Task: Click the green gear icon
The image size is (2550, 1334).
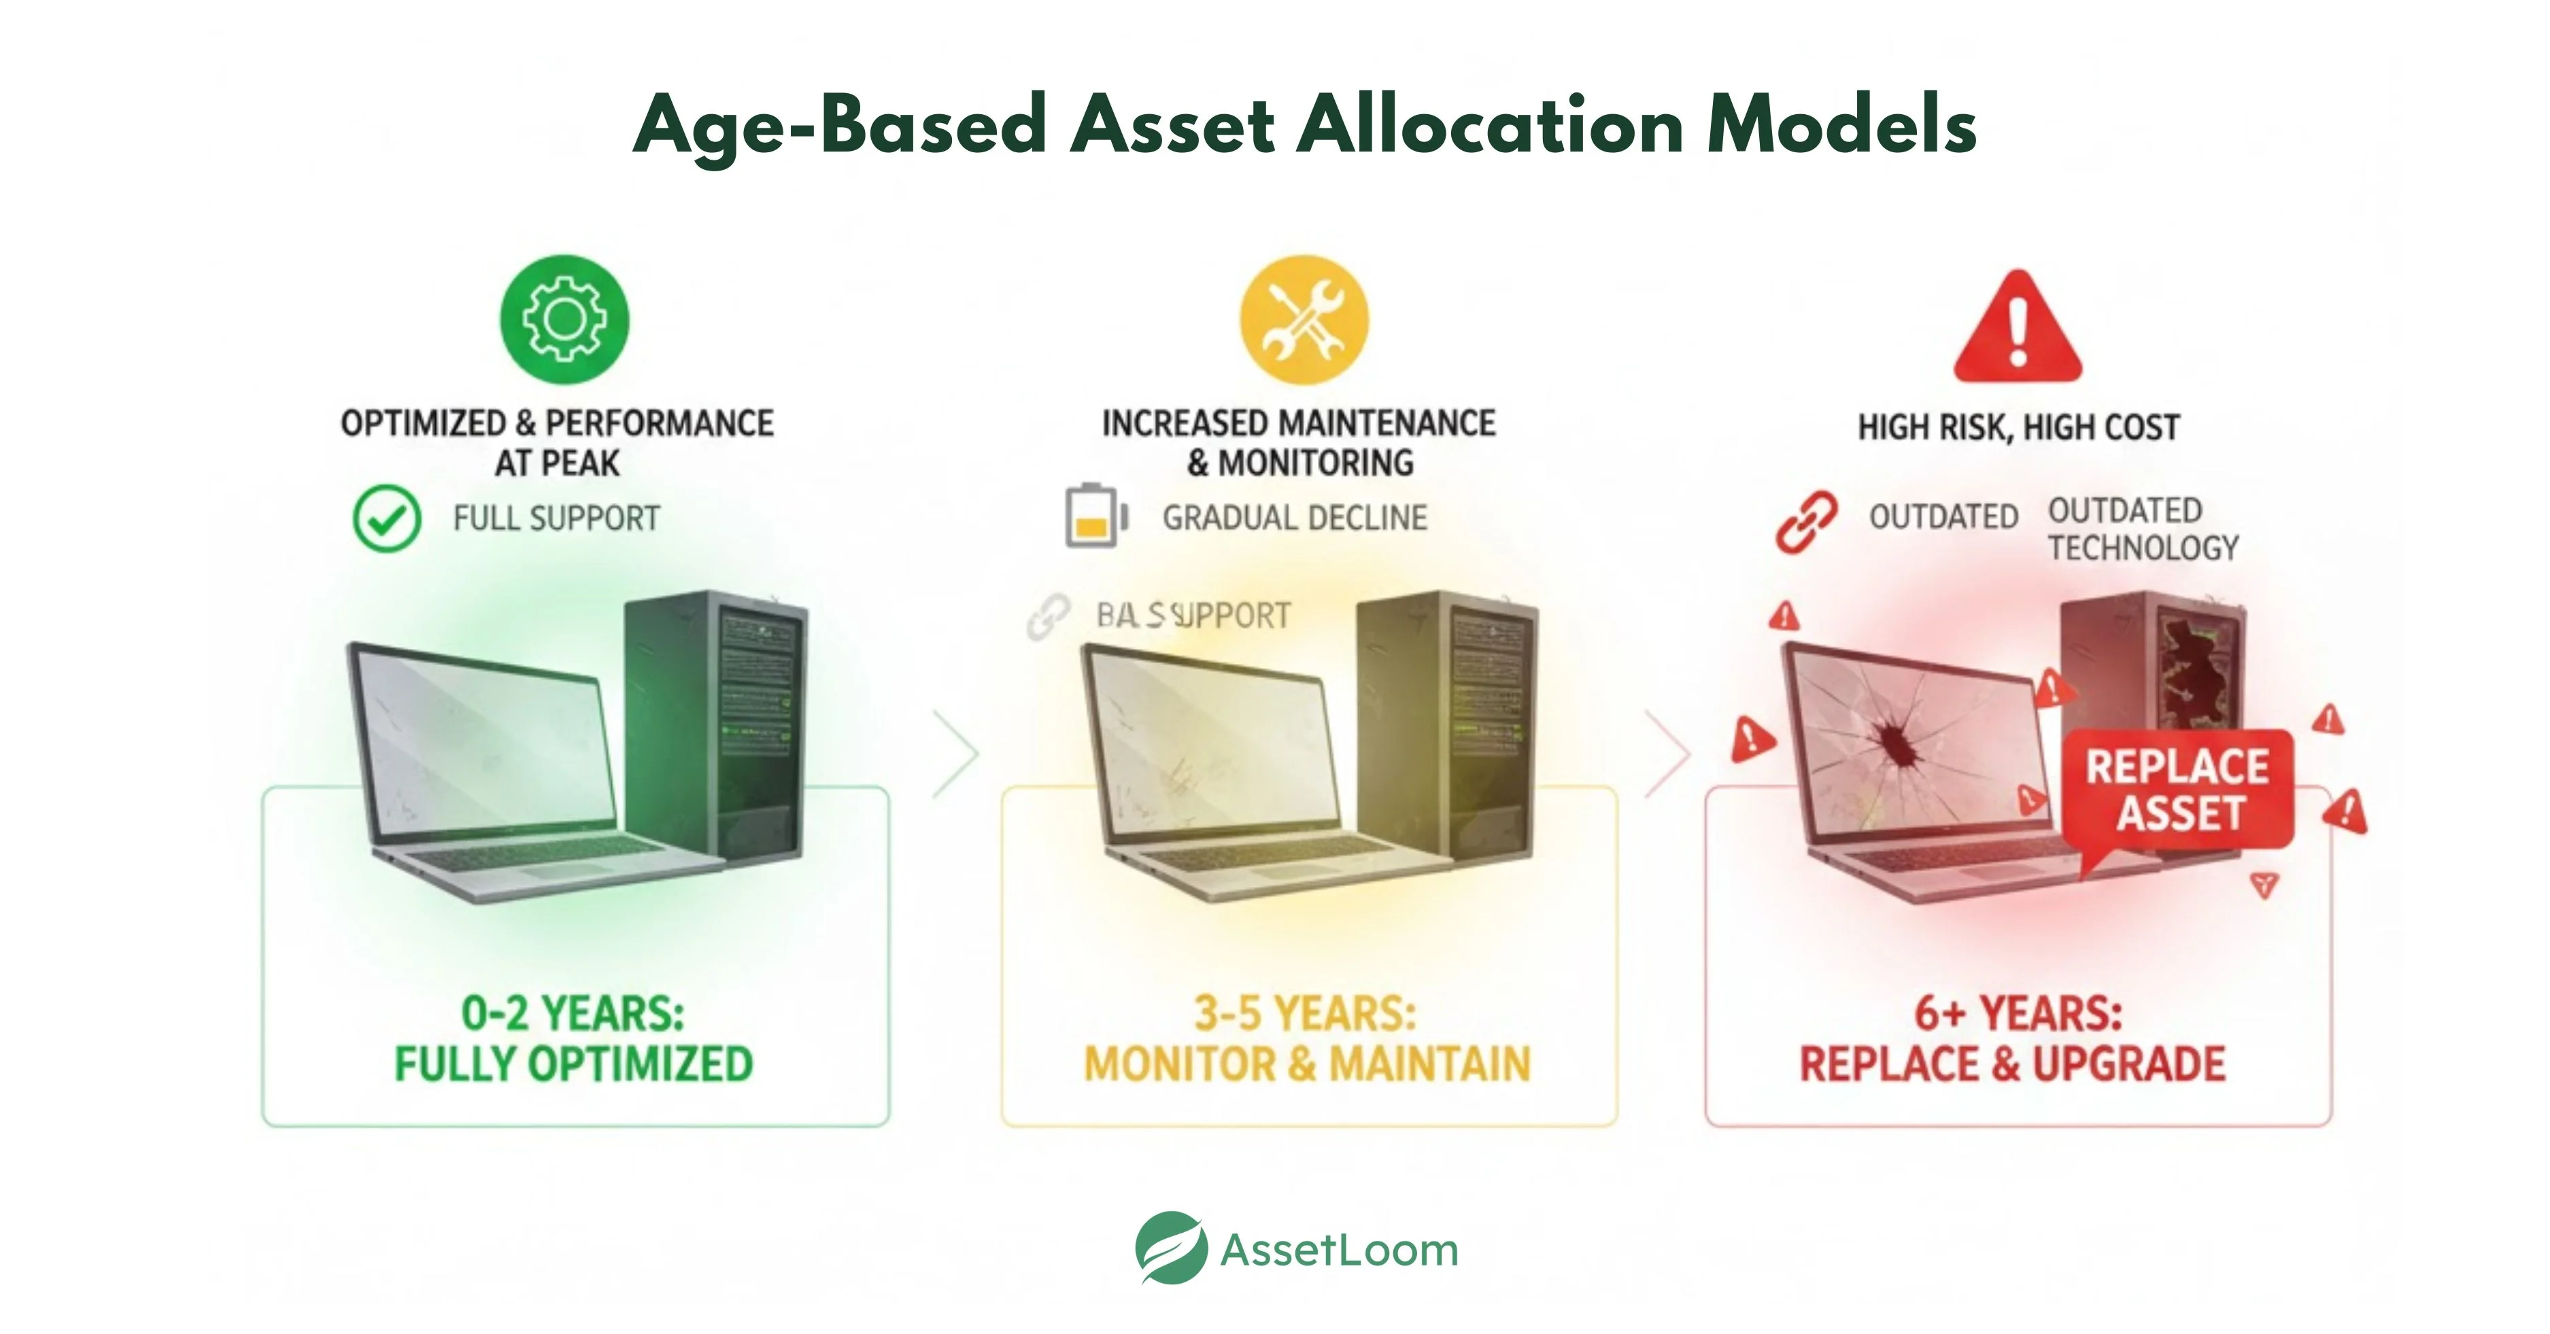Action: coord(564,319)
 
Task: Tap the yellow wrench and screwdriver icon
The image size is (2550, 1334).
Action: coord(1304,319)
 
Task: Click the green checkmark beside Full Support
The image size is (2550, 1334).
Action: coord(387,519)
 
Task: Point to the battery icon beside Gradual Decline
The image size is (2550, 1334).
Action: coord(1095,516)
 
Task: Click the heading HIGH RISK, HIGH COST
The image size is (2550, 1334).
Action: coord(2018,427)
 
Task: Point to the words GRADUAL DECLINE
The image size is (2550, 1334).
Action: coord(1294,518)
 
